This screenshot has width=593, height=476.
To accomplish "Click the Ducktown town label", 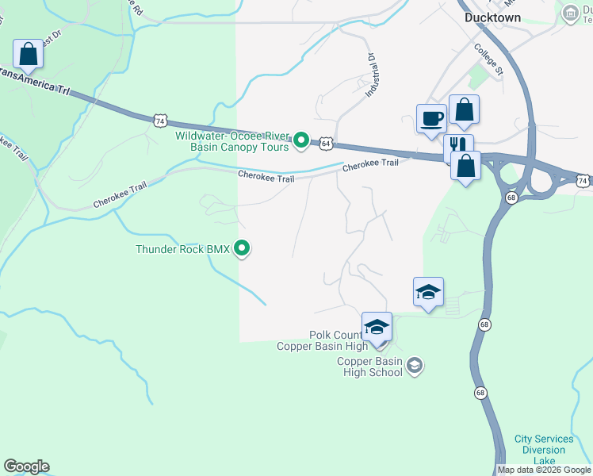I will [x=492, y=17].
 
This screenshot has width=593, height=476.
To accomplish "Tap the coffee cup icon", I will [x=432, y=118].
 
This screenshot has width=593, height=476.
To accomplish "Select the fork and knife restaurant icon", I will [x=457, y=147].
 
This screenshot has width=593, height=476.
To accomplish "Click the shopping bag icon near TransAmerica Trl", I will [x=29, y=55].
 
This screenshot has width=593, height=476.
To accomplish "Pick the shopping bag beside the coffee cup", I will [x=464, y=110].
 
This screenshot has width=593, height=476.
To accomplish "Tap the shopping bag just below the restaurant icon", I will [x=465, y=167].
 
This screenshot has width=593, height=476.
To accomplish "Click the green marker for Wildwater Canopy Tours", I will [x=301, y=141].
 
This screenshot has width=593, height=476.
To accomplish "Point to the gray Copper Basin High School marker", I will [x=414, y=365].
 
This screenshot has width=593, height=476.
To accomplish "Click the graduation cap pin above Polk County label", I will [x=377, y=327].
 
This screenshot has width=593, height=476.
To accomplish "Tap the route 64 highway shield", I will [x=325, y=144].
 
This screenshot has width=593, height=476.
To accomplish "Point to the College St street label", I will [x=488, y=59].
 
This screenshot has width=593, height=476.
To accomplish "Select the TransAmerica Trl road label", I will [x=36, y=81].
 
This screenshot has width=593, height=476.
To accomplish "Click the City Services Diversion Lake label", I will [x=544, y=450].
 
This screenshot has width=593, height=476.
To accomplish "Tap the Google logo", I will [x=26, y=466].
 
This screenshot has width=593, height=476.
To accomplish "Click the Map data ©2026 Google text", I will [x=544, y=470].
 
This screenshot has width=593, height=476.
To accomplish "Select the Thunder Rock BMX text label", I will [x=182, y=249].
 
